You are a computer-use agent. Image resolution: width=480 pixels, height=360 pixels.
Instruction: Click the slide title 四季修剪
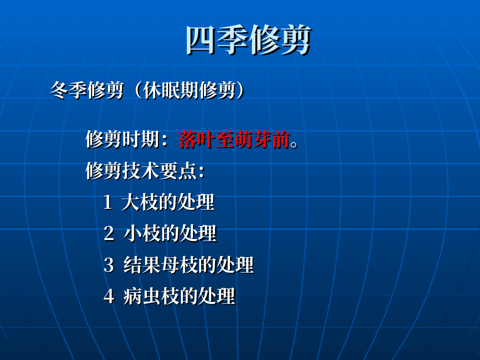click(249, 40)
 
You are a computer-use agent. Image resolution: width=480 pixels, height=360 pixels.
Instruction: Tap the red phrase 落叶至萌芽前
click(234, 139)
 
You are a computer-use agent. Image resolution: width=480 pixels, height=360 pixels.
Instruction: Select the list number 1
click(108, 203)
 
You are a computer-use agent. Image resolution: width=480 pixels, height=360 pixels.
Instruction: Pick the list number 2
click(109, 234)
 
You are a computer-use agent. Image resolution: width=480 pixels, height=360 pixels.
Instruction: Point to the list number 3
click(109, 265)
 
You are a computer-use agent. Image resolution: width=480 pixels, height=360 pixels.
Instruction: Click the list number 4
click(109, 296)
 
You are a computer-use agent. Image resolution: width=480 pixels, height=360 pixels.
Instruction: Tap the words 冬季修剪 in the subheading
click(86, 90)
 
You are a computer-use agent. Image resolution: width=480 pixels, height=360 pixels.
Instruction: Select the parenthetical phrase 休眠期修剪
click(189, 90)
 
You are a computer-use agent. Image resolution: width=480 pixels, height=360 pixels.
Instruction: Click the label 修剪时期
click(122, 139)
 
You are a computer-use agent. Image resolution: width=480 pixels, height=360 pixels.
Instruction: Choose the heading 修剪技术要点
click(141, 171)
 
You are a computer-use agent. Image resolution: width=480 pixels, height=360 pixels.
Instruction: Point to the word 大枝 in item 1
click(140, 203)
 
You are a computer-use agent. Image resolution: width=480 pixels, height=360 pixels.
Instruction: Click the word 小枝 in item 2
click(142, 234)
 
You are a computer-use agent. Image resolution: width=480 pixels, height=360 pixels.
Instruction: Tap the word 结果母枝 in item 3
click(160, 265)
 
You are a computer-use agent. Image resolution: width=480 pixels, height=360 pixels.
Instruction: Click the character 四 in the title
click(201, 40)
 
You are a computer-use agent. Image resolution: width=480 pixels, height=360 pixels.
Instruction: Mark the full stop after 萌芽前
click(294, 144)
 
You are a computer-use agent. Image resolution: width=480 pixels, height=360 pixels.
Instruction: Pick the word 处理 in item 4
click(217, 296)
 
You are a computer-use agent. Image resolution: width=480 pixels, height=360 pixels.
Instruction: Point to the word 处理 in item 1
click(196, 203)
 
